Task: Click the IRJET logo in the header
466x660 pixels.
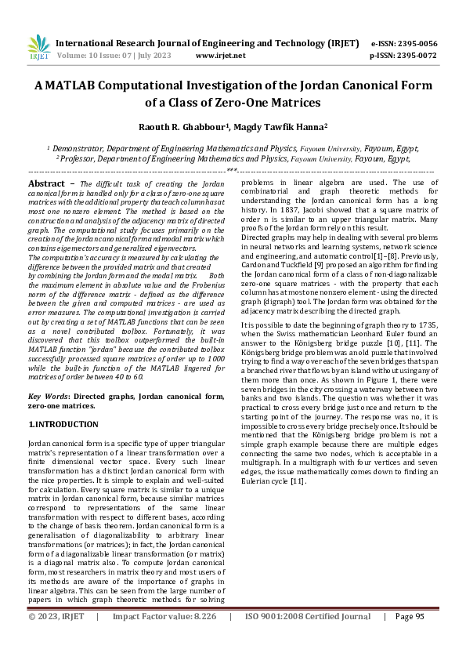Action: click(38, 48)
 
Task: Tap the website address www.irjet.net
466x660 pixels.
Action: click(220, 56)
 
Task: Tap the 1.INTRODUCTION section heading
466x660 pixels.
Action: click(63, 424)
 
